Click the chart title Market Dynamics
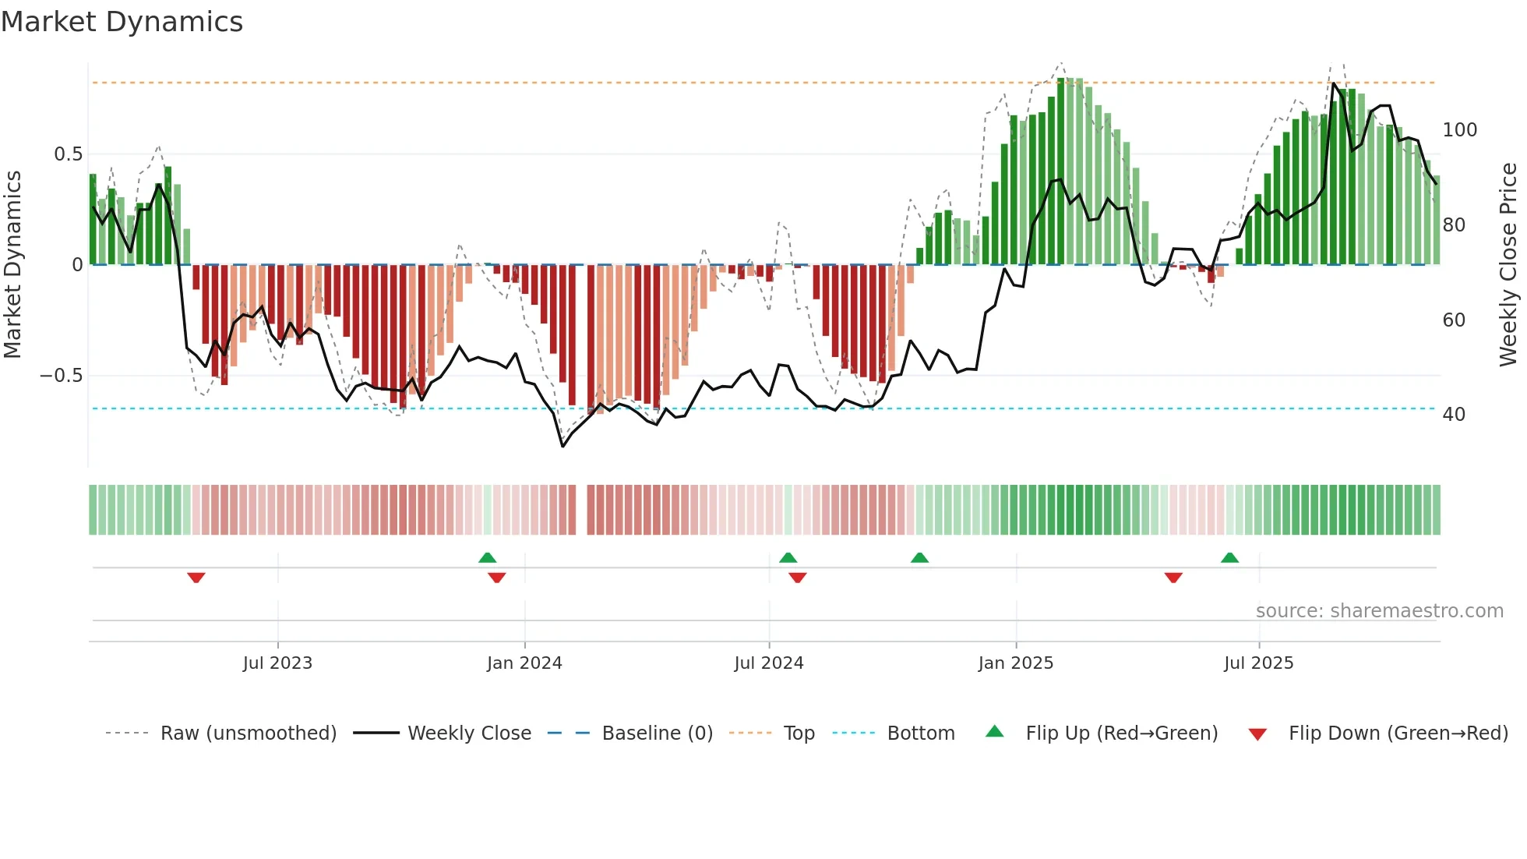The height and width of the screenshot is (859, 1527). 122,22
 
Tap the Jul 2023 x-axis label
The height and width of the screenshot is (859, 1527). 277,663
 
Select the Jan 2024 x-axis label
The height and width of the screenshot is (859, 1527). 524,663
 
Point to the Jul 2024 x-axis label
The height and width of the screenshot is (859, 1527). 768,663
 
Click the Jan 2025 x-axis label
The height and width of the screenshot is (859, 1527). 1015,663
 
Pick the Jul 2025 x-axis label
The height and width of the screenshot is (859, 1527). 1258,663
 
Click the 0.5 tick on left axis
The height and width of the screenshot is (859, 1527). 68,154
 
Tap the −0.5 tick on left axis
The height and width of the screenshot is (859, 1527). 61,376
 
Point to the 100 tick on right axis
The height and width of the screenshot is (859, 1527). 1459,130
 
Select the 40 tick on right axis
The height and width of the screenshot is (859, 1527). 1454,415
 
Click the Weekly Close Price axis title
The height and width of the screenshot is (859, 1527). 1508,265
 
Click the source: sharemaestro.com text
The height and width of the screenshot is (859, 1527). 1379,611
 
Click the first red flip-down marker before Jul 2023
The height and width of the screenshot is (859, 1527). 196,578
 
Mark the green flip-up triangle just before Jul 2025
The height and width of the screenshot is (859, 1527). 1229,557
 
